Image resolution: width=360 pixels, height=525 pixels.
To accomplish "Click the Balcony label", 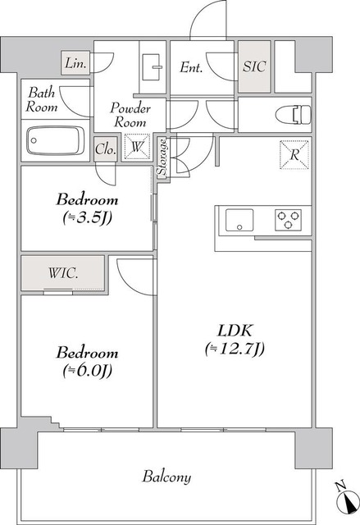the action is tap(166, 477).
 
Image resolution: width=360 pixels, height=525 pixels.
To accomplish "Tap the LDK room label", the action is tap(235, 331).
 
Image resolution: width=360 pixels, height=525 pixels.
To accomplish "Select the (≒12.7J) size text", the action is tap(235, 349).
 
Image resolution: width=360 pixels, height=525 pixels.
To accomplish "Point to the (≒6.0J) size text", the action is tap(87, 370).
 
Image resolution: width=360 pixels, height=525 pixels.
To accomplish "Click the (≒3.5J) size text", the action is tap(87, 217).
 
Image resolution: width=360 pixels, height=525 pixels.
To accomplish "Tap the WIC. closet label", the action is tap(63, 273).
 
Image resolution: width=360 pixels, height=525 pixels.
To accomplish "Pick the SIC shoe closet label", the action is tap(254, 66).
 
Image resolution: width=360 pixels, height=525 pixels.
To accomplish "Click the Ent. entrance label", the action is tap(191, 67).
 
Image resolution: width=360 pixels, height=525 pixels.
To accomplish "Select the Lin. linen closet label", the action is tap(76, 63).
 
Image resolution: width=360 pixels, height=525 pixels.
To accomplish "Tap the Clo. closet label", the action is tap(106, 149).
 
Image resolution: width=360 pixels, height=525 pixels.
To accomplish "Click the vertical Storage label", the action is tap(162, 157).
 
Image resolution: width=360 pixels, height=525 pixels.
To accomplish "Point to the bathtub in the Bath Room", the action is tap(56, 140).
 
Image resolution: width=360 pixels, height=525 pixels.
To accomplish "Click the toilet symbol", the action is tap(294, 115).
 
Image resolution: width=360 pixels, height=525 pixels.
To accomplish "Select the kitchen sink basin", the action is tap(239, 220).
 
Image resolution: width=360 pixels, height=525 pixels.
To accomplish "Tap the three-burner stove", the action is tap(288, 220).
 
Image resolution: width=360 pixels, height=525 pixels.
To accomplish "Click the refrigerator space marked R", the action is tap(294, 155).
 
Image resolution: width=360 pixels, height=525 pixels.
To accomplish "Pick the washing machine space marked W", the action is tap(137, 147).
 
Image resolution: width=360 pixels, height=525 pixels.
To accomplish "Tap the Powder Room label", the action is tap(130, 115).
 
